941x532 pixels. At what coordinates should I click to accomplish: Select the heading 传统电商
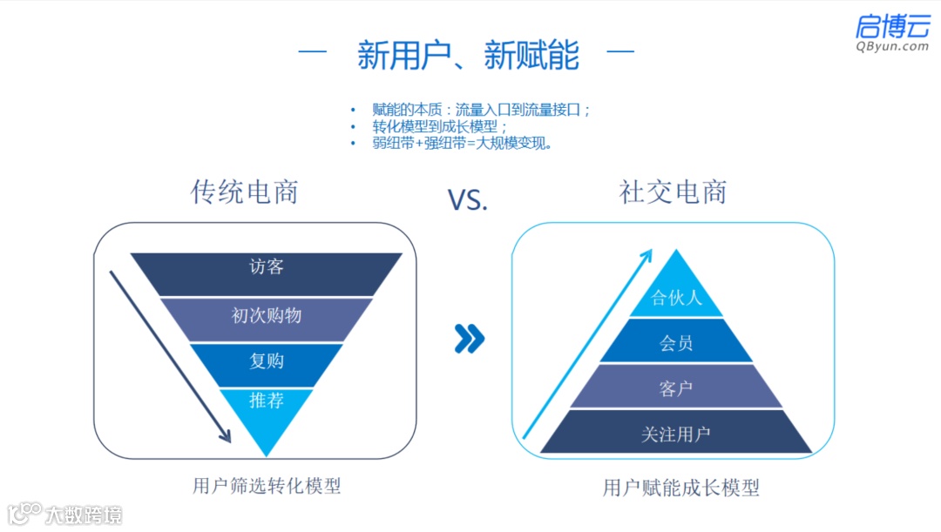pos(244,192)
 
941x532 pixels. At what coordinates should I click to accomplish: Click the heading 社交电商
pos(672,192)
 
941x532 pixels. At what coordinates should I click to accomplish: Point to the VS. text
pos(468,200)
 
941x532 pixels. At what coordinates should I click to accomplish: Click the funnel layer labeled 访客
pos(266,268)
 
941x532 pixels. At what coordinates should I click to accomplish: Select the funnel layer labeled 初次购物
pos(266,316)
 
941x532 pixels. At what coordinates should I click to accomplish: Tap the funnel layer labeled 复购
pos(266,361)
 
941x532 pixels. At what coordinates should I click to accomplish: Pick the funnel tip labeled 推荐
pos(266,402)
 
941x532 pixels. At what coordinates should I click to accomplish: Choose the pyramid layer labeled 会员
pos(676,343)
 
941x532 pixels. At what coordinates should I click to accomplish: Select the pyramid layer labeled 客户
pos(676,388)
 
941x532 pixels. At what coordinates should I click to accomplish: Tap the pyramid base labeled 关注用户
pos(676,434)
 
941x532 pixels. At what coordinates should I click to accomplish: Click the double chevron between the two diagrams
pos(469,340)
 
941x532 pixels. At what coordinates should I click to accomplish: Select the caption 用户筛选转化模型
pos(266,486)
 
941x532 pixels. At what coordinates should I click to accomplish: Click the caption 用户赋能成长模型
pos(680,488)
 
